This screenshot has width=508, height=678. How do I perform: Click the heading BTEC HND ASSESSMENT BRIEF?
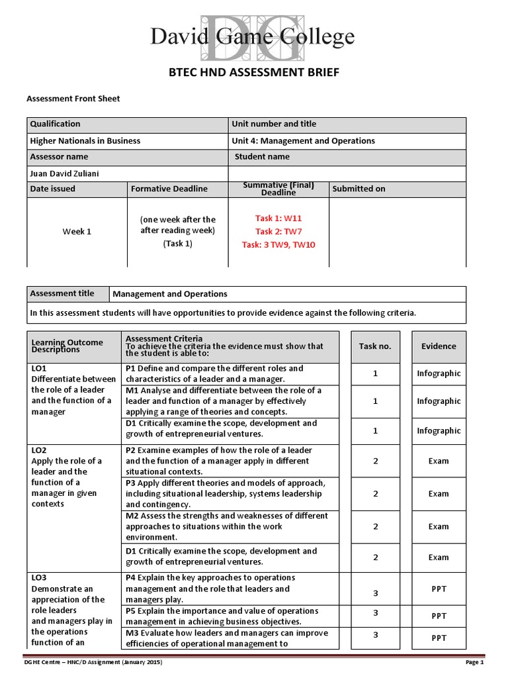coord(254,73)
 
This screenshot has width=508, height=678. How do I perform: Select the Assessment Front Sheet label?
coord(73,99)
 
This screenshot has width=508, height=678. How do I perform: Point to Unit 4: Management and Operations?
coord(303,140)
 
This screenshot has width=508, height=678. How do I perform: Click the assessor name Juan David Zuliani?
coord(67,173)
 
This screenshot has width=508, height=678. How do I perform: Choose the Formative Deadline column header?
coord(169,189)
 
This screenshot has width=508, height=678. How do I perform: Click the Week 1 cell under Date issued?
coord(77,231)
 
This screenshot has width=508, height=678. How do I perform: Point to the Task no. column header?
coord(375,346)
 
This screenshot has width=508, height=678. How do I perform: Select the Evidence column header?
coord(439,346)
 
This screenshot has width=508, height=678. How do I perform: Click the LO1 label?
coord(39,368)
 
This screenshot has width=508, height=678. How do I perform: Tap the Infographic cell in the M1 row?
coord(439,401)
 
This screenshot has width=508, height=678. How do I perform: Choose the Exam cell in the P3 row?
coord(439,494)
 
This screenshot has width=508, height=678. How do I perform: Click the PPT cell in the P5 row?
coord(439,616)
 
